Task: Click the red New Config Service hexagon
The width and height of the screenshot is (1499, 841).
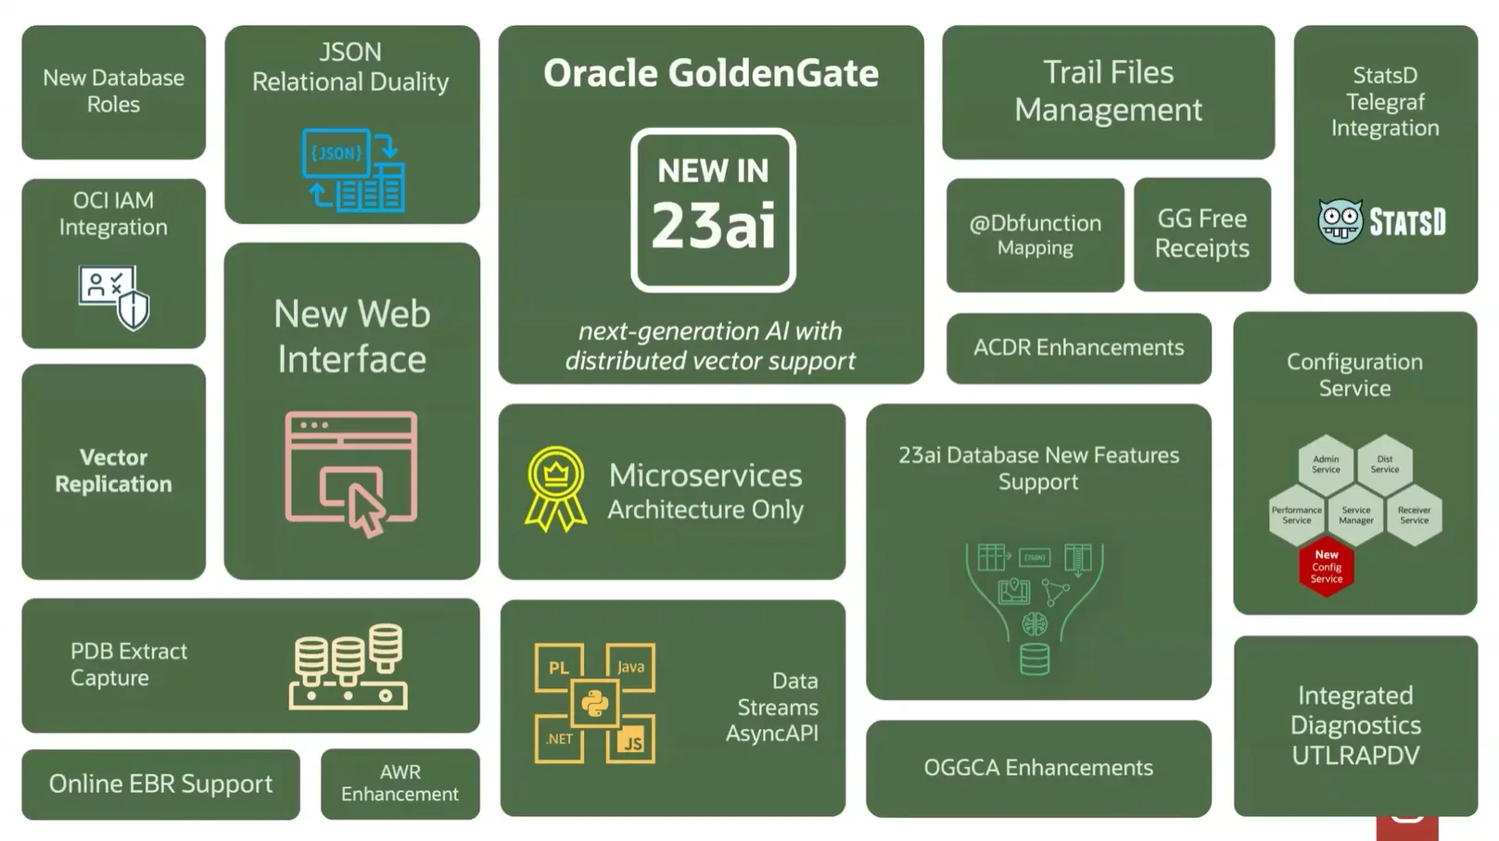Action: pos(1327,567)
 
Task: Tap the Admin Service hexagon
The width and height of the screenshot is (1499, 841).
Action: pos(1326,465)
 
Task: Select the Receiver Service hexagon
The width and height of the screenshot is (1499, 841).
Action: pos(1414,515)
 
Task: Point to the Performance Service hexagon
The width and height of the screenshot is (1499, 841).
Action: pos(1297,515)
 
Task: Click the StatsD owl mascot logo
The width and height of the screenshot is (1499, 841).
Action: pos(1340,221)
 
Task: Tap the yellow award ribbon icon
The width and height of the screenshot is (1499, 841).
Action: pos(555,489)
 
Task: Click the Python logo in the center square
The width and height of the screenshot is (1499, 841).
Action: pos(594,703)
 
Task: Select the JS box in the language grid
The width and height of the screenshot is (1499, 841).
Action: pos(630,739)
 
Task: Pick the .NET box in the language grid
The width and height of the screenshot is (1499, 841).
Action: pos(559,739)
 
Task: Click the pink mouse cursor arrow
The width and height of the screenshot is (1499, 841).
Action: pos(365,509)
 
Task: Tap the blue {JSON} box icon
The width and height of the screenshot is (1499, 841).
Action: pos(336,153)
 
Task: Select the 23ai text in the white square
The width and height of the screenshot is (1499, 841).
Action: pos(714,225)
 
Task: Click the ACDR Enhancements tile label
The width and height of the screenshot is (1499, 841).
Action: pos(1079,347)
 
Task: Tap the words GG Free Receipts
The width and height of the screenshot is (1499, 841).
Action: pos(1201,233)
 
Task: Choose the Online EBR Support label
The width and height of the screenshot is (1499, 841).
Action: pos(160,784)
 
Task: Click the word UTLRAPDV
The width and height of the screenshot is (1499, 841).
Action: pos(1356,756)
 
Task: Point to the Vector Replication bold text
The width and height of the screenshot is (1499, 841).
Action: pos(114,471)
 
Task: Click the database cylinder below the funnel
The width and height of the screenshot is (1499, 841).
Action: pos(1035,659)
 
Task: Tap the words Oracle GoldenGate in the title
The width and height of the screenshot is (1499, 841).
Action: pos(711,73)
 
